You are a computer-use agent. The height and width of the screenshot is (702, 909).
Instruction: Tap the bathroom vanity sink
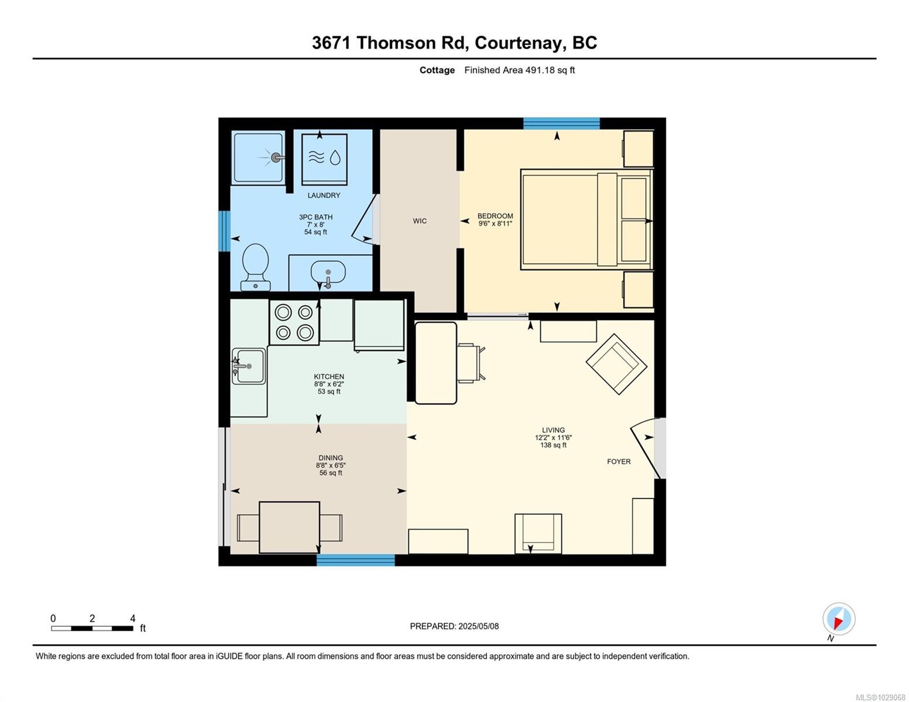click(328, 273)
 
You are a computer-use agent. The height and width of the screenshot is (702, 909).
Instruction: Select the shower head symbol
click(276, 157)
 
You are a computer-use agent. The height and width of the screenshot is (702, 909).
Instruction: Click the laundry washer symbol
click(324, 157)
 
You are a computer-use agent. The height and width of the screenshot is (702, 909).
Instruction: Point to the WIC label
click(420, 221)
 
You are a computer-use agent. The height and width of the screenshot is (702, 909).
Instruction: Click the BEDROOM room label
click(495, 216)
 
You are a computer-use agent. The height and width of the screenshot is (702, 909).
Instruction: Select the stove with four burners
click(294, 322)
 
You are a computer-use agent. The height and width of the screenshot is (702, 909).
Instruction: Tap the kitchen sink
click(249, 366)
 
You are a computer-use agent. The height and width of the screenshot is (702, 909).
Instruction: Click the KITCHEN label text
click(329, 377)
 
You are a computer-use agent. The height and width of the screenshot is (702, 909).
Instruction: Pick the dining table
click(289, 527)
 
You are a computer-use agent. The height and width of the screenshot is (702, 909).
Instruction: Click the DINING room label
click(331, 458)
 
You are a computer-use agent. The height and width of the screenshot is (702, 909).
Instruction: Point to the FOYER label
click(619, 462)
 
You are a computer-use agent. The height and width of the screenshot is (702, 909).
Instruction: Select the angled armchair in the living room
click(616, 364)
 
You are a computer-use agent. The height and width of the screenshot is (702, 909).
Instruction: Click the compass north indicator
click(839, 620)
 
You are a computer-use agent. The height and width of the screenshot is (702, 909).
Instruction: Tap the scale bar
click(92, 628)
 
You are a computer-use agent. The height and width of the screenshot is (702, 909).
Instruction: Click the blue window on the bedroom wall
click(561, 123)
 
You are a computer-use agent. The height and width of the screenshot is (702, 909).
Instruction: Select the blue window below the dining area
click(356, 560)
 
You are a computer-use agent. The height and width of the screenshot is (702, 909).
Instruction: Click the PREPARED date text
click(454, 626)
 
